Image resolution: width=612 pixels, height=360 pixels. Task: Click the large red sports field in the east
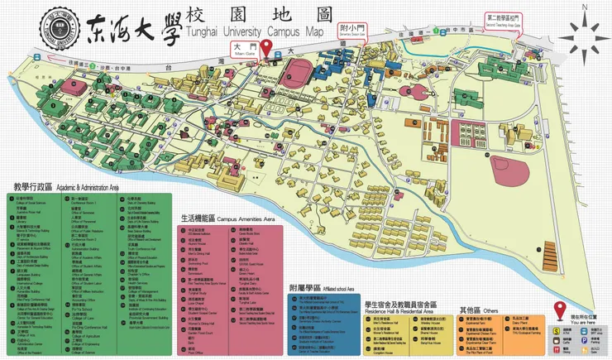point(511,168)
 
